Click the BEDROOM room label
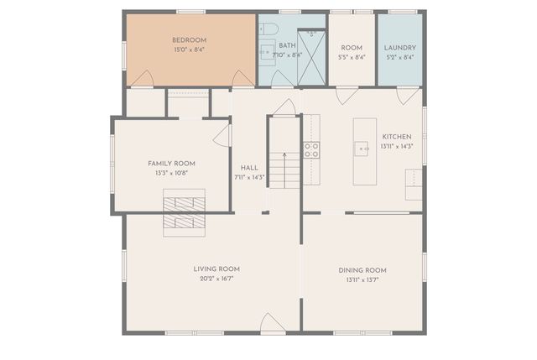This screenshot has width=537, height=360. point(189,40)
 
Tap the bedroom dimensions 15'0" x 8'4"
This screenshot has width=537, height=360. point(189,50)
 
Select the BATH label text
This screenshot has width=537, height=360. point(287,45)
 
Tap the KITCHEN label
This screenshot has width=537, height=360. point(397,137)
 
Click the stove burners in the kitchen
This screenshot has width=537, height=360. point(311,150)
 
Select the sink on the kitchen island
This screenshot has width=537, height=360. point(362,150)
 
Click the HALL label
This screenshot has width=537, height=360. point(249,168)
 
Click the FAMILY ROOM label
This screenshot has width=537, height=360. point(171,163)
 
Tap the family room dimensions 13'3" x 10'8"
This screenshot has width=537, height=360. point(171,173)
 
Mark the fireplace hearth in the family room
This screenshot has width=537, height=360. point(183,202)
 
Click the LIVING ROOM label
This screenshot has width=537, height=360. point(216,269)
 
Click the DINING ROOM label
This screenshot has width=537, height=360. point(362,269)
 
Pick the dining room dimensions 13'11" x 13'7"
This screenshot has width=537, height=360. point(362,279)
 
